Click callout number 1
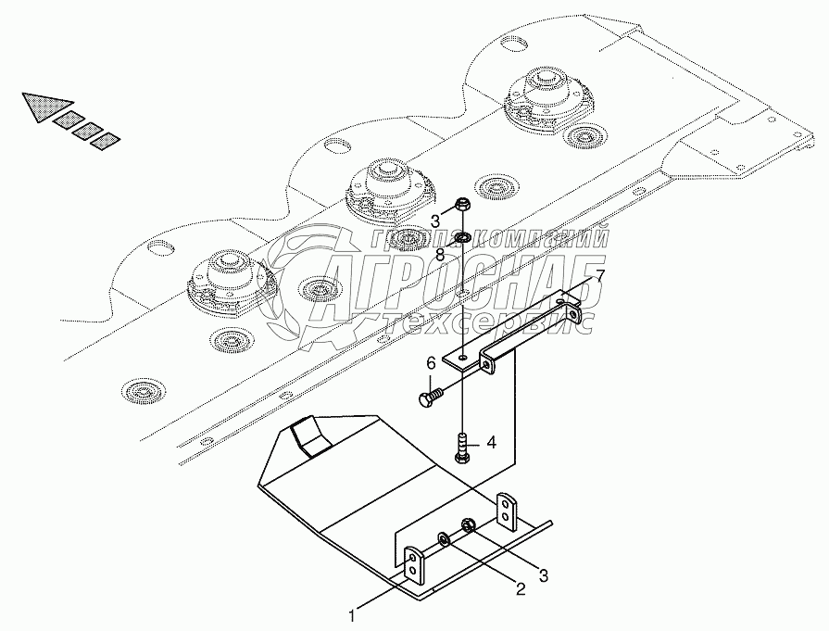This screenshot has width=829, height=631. click(x=352, y=613)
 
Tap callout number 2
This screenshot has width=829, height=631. click(x=521, y=587)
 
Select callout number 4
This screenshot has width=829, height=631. click(x=492, y=443)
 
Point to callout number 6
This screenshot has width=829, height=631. click(x=431, y=367)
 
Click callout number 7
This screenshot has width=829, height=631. click(x=599, y=276)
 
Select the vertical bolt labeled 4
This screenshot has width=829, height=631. click(x=462, y=449)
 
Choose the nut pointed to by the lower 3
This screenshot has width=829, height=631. click(x=469, y=527)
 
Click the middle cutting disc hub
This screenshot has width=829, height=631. click(x=383, y=186)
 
